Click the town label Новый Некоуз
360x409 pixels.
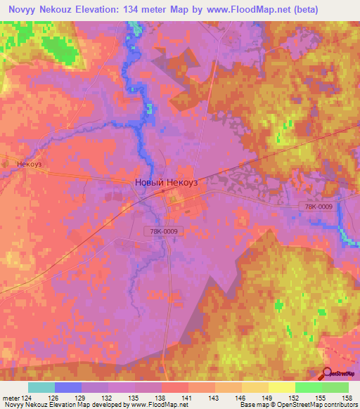167,182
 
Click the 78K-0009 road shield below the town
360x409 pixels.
163,231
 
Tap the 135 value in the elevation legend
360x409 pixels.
134,397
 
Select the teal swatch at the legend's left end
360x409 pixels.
41,387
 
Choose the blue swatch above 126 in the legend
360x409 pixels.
68,387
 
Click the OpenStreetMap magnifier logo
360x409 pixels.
328,373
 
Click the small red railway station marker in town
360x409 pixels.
163,190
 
